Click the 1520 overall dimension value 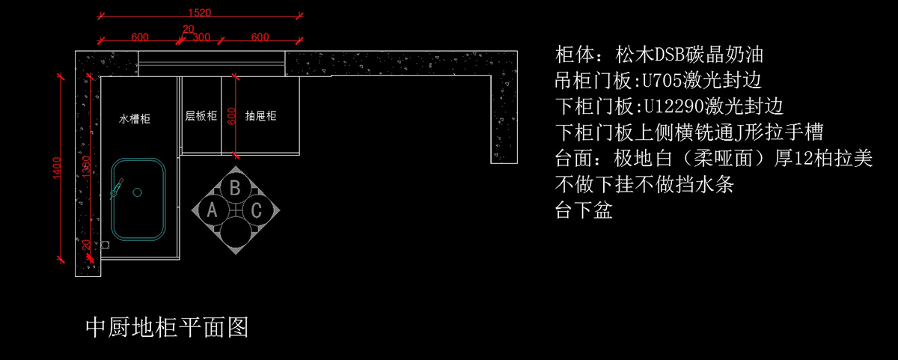[200, 13]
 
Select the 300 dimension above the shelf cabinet [201, 37]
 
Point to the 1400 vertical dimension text [57, 168]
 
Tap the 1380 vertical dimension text [86, 166]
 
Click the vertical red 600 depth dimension [231, 116]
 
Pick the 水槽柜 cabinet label [135, 119]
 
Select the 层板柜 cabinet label [201, 116]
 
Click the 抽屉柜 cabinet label [260, 116]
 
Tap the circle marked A [212, 210]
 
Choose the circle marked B [235, 188]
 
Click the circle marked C [257, 210]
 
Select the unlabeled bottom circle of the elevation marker [235, 233]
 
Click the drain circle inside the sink [138, 192]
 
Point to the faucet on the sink [117, 189]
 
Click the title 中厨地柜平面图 [167, 328]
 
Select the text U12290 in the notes [674, 106]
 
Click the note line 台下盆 [584, 210]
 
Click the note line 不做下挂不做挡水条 [644, 184]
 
